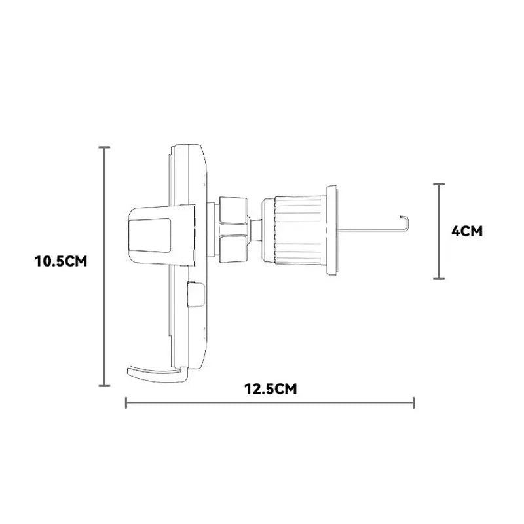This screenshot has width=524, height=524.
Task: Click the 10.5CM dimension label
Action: tap(61, 261)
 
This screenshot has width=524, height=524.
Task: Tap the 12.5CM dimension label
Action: tap(271, 389)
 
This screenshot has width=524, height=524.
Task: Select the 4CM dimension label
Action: tap(467, 231)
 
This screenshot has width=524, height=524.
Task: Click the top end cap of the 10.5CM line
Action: tap(104, 147)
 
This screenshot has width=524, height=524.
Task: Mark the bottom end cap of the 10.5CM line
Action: tap(104, 386)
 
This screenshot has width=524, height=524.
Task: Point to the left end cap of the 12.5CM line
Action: tap(126, 403)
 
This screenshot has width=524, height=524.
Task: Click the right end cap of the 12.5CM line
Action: tap(414, 403)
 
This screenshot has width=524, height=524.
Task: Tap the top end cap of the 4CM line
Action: tap(439, 184)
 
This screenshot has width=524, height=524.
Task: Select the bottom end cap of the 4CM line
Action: tap(439, 278)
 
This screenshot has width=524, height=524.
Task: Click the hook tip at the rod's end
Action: tap(401, 217)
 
